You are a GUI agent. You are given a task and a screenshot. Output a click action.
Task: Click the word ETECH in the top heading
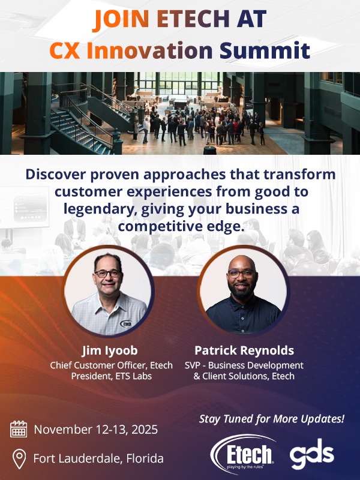point(193,19)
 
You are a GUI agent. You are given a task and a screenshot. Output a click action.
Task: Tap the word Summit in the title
point(265,50)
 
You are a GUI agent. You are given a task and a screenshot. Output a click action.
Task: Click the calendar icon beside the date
point(19,429)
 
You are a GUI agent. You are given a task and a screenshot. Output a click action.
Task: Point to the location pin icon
point(19,459)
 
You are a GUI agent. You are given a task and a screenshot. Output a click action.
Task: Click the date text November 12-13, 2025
point(96,430)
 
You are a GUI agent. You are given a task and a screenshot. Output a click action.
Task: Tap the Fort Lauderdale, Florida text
point(98,458)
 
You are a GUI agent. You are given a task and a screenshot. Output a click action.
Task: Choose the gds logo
point(312,454)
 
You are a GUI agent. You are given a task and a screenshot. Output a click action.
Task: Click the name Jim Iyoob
point(110,351)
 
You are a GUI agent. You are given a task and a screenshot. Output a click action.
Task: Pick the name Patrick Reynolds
point(244,350)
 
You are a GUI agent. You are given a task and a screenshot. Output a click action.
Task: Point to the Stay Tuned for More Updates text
point(272,419)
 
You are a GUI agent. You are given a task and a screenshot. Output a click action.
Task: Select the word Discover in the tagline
point(56,174)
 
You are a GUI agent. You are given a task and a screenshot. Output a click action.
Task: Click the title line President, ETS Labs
point(112,376)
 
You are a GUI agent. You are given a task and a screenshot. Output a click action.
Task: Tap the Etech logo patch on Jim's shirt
point(125,323)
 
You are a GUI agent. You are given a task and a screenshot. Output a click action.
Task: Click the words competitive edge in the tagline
point(181,227)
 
